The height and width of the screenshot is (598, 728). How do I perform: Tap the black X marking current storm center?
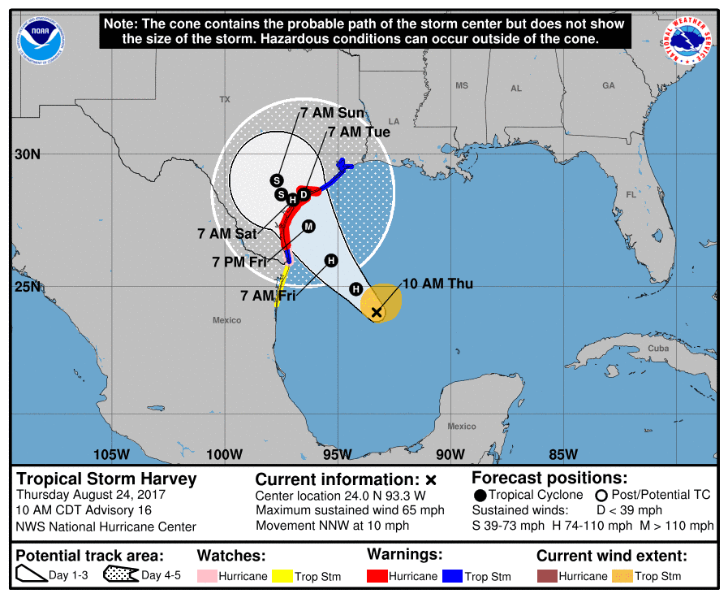click(376, 312)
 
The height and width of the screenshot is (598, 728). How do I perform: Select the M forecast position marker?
click(308, 227)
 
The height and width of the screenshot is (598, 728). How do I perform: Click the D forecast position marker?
click(304, 194)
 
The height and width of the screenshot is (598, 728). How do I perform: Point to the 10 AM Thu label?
click(437, 284)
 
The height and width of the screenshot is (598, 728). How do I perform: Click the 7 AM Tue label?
click(359, 132)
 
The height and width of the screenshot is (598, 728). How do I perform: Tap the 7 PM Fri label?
click(239, 262)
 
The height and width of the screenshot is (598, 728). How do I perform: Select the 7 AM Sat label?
click(226, 233)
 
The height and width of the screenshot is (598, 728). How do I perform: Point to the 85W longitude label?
click(562, 453)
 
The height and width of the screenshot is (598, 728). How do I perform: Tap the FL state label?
click(631, 195)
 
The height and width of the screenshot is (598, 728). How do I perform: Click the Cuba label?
click(658, 349)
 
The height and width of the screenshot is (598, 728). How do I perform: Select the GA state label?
click(609, 85)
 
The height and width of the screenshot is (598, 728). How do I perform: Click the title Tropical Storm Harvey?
click(107, 479)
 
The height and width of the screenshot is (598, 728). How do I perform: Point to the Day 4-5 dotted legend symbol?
click(120, 576)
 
